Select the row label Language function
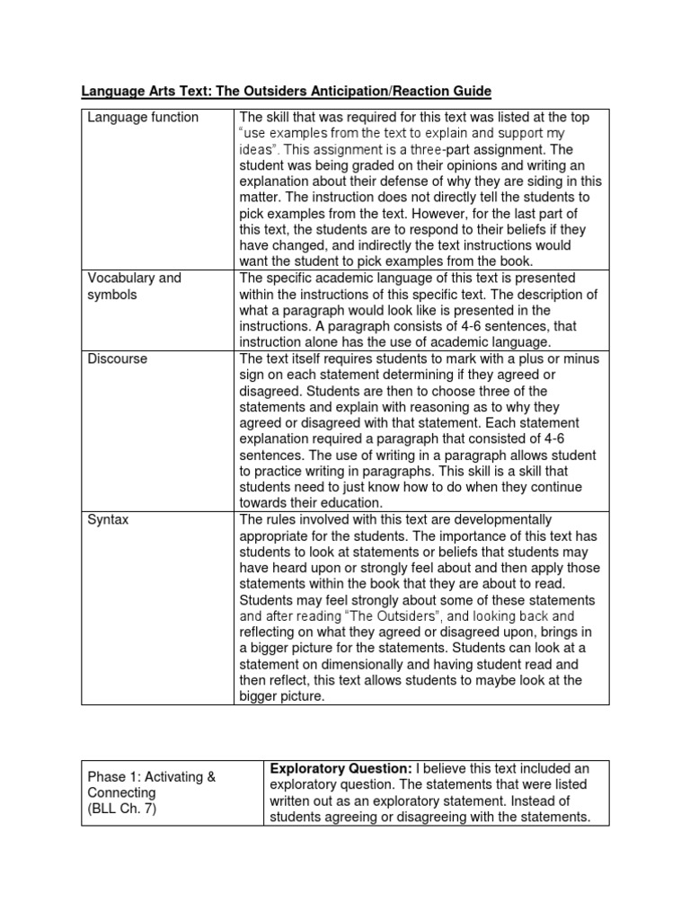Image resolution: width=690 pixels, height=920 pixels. click(143, 118)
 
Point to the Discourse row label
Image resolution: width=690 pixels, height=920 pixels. click(118, 358)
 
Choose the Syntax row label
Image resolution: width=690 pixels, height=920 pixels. click(108, 520)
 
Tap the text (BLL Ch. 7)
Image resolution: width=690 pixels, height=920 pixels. click(122, 809)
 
